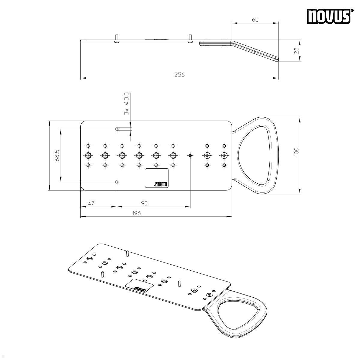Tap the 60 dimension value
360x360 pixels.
click(x=255, y=19)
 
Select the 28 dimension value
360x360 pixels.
click(x=296, y=51)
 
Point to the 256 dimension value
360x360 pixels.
click(x=179, y=75)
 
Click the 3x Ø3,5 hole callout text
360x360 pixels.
click(x=127, y=103)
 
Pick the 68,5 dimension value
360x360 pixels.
click(x=57, y=155)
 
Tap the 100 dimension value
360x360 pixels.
click(x=296, y=152)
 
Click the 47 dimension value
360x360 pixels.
click(x=91, y=203)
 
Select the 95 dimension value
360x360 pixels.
click(x=144, y=203)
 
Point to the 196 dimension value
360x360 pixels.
click(x=136, y=213)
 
